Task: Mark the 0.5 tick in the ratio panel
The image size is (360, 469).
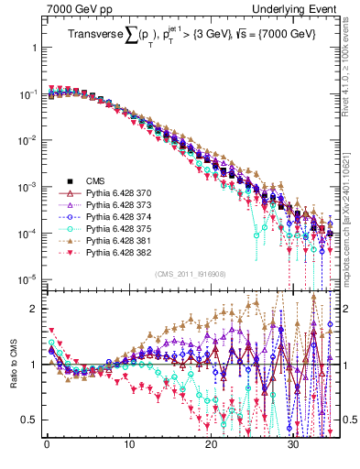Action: tap(28, 420)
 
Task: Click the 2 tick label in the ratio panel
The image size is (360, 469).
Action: tap(32, 309)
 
